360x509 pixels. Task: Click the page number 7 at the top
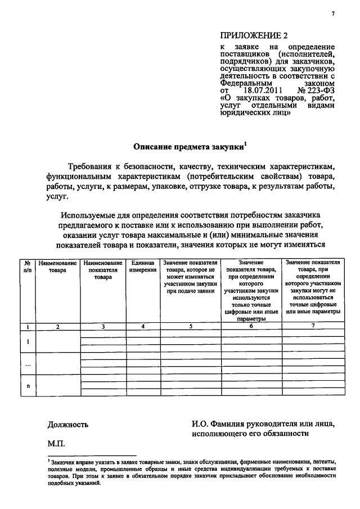tap(332, 13)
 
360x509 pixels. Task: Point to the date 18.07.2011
tap(255, 90)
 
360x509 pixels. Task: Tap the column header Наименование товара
tap(57, 267)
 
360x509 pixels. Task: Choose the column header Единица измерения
tap(142, 267)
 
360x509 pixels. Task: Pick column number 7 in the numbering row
tap(313, 326)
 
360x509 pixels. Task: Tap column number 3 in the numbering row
tap(102, 326)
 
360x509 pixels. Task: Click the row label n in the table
tap(28, 386)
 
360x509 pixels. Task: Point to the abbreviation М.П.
tap(57, 444)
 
